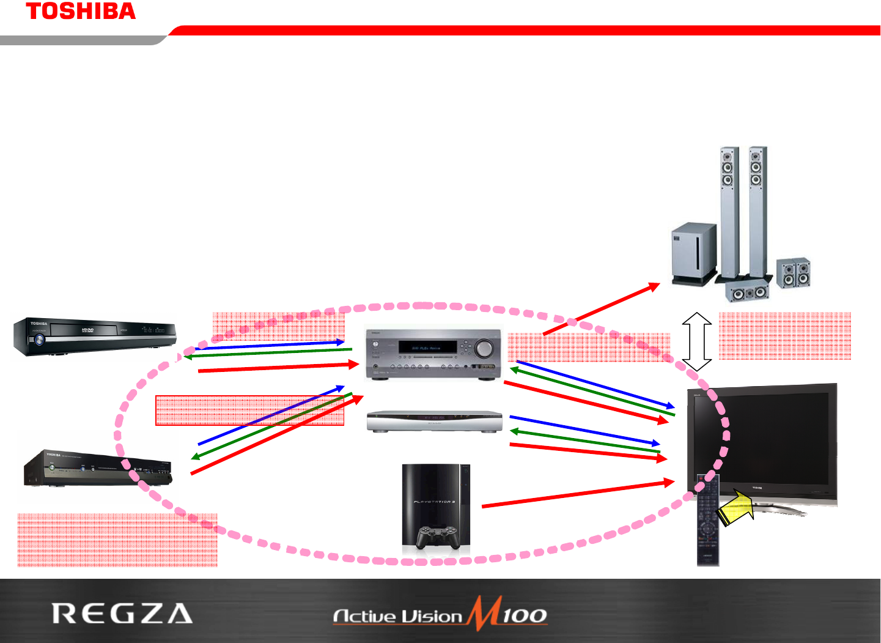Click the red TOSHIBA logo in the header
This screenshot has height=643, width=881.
point(81,11)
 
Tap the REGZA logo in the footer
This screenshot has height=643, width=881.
point(122,613)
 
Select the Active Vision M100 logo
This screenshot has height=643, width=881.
point(440,614)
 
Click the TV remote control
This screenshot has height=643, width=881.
point(708,520)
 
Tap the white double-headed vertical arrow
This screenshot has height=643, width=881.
point(697,341)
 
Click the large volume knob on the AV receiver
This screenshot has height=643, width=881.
point(484,348)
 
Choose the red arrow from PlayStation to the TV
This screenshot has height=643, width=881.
point(578,494)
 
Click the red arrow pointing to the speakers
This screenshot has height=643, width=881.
point(602,308)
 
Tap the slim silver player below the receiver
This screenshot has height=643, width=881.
point(434,422)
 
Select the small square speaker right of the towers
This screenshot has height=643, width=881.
point(794,273)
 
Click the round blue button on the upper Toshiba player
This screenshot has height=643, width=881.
point(40,340)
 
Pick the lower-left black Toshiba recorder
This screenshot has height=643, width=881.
point(98,469)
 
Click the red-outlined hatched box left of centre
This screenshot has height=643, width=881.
point(249,411)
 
